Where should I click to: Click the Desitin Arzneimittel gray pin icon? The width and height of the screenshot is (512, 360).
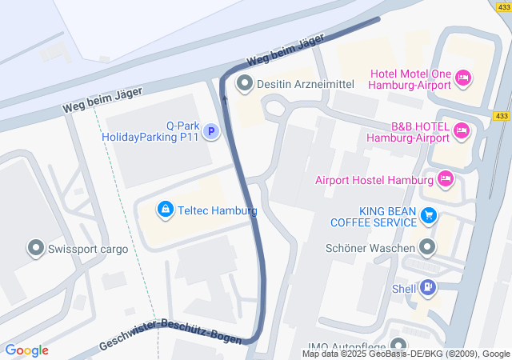tap(245, 82)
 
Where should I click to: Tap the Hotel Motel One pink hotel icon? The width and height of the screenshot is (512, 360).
tap(462, 78)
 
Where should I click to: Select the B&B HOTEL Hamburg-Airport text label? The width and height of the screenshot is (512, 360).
tap(408, 132)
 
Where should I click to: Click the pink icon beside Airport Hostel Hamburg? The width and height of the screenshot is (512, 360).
tap(446, 178)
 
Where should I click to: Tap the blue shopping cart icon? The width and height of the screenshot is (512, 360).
tap(430, 215)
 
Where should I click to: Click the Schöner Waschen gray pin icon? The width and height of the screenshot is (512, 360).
tap(429, 248)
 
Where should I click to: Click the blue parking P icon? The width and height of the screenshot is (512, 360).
tap(210, 131)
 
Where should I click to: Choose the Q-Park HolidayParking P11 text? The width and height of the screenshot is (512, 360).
tap(150, 131)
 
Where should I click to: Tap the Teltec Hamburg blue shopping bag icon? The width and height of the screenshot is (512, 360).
tap(165, 210)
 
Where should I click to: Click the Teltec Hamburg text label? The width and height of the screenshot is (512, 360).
tap(218, 210)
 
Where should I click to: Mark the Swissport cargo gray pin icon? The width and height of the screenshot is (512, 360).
tap(36, 248)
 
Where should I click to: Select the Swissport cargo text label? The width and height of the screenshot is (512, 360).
tap(88, 249)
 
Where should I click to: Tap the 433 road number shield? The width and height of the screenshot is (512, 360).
tap(502, 116)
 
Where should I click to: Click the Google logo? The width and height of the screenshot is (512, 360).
tap(26, 350)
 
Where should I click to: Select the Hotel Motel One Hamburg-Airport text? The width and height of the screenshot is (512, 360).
tap(409, 80)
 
